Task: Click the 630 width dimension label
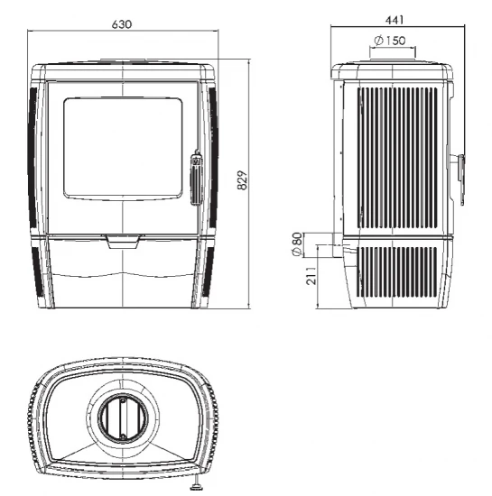(122, 24)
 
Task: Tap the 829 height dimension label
(242, 180)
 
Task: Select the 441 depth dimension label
(395, 20)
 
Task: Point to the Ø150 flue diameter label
(389, 41)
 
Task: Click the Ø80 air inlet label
(297, 244)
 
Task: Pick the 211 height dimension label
(311, 276)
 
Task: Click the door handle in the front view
(196, 178)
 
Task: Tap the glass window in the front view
(123, 148)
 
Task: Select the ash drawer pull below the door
(123, 242)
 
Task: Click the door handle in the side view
(460, 179)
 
